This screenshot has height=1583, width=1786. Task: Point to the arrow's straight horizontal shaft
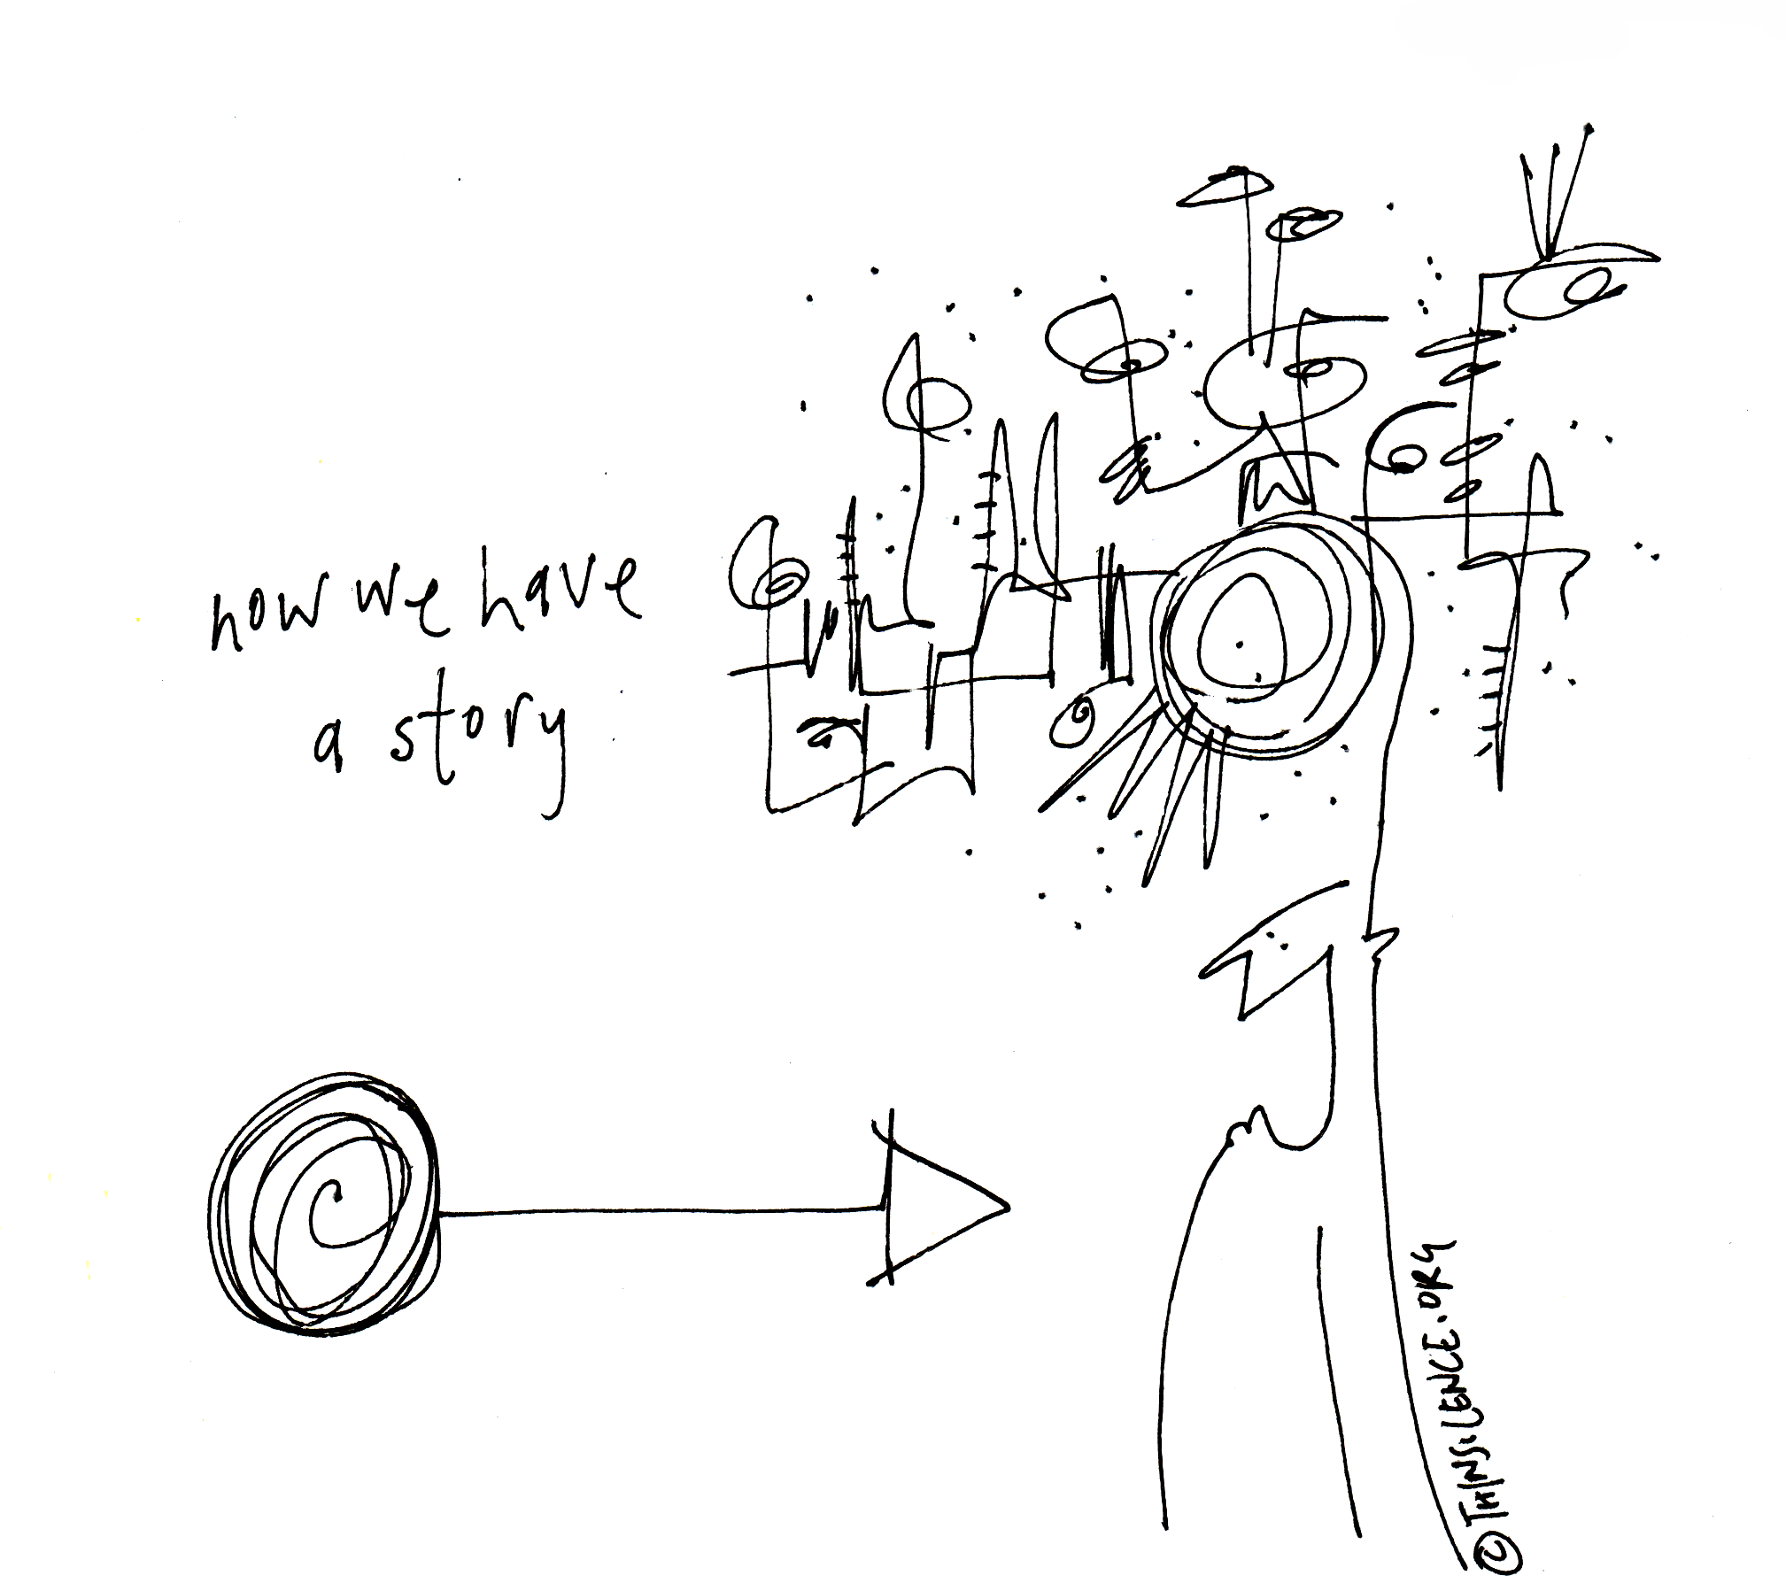[x=660, y=1209]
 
